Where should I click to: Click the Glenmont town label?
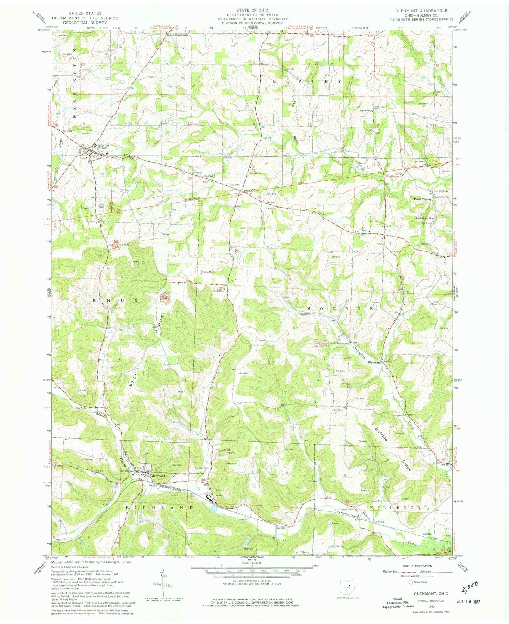point(157,476)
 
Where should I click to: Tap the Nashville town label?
point(101,145)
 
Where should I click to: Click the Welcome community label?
point(374,362)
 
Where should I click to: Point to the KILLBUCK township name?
point(400,508)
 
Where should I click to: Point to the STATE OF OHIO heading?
point(252,10)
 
